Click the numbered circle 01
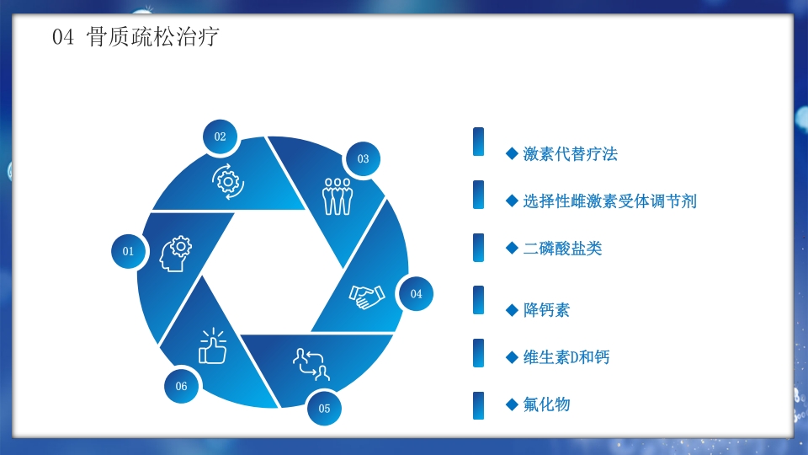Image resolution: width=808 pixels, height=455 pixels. pyautogui.click(x=129, y=251)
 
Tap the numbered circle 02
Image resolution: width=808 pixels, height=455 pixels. pyautogui.click(x=221, y=136)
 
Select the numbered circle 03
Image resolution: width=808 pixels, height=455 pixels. pyautogui.click(x=363, y=158)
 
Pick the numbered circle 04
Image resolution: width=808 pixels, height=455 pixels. pyautogui.click(x=416, y=294)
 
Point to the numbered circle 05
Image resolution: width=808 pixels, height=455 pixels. pyautogui.click(x=325, y=409)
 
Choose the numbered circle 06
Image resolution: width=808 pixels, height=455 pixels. pyautogui.click(x=182, y=386)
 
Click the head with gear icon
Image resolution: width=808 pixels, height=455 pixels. pyautogui.click(x=175, y=254)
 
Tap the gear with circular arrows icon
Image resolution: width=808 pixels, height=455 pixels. pyautogui.click(x=228, y=181)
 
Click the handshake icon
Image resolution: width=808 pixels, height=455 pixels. pyautogui.click(x=367, y=296)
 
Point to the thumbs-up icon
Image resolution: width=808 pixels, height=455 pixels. pyautogui.click(x=212, y=345)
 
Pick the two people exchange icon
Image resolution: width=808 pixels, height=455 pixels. pyautogui.click(x=310, y=363)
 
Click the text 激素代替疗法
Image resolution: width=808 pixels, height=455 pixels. pyautogui.click(x=570, y=154)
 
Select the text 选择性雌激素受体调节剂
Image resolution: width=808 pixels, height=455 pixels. pyautogui.click(x=609, y=201)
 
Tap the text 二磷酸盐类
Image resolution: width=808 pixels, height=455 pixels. pyautogui.click(x=562, y=249)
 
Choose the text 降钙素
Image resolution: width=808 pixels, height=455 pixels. pyautogui.click(x=546, y=310)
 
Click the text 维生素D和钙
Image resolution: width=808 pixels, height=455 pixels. pyautogui.click(x=566, y=357)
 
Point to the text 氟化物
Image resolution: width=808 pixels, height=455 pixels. pyautogui.click(x=546, y=404)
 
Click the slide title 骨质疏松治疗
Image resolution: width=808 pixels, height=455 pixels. pyautogui.click(x=153, y=37)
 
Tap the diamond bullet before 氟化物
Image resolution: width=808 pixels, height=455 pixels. pyautogui.click(x=511, y=404)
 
